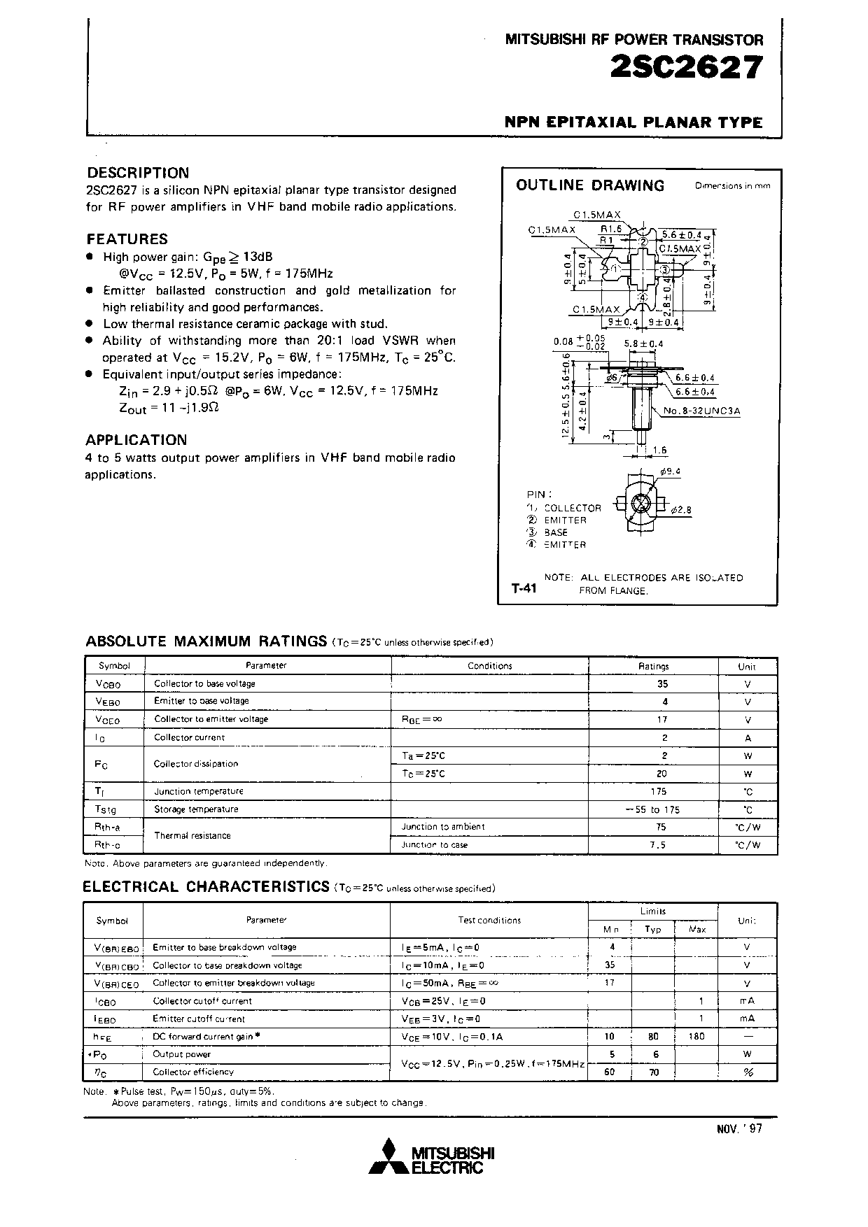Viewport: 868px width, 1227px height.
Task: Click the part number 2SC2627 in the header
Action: coord(686,69)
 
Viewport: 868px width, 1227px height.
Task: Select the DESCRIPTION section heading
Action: coord(138,173)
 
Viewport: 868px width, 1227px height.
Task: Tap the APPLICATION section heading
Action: coord(136,440)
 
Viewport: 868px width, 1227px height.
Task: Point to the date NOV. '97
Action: coord(739,1128)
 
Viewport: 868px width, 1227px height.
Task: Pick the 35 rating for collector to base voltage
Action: coord(663,684)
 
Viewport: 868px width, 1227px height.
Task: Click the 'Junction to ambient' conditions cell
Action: coord(443,827)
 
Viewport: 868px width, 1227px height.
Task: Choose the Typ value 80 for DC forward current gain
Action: coord(653,1036)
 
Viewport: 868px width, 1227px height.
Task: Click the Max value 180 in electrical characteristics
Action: coord(696,1036)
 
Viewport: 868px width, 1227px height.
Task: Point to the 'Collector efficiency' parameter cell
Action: coord(193,1072)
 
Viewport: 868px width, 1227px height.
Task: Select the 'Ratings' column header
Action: coord(654,666)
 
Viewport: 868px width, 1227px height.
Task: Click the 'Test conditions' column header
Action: coord(489,920)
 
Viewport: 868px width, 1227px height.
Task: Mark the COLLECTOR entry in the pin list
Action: coord(572,508)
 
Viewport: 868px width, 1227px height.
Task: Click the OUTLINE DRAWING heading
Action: coord(590,185)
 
